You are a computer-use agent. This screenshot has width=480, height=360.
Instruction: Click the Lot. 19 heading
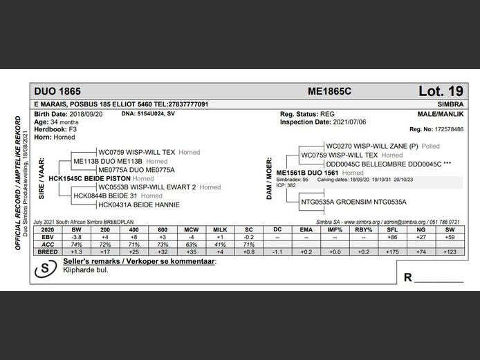pos(441,91)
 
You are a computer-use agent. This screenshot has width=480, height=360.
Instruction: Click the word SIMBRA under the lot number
pos(450,104)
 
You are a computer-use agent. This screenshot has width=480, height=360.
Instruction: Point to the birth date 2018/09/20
pos(90,113)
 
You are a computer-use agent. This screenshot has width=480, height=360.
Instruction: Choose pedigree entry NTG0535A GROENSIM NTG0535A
pos(353,202)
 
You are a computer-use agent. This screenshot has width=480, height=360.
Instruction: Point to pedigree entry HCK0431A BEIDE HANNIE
pos(139,205)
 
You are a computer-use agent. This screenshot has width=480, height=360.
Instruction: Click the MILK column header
pos(220,229)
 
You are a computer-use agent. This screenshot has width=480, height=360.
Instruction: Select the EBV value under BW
pos(76,236)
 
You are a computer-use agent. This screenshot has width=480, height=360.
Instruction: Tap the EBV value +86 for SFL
pos(391,236)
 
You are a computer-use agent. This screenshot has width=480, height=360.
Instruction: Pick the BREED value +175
pos(391,252)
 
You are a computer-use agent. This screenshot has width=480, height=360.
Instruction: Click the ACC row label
pos(48,244)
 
